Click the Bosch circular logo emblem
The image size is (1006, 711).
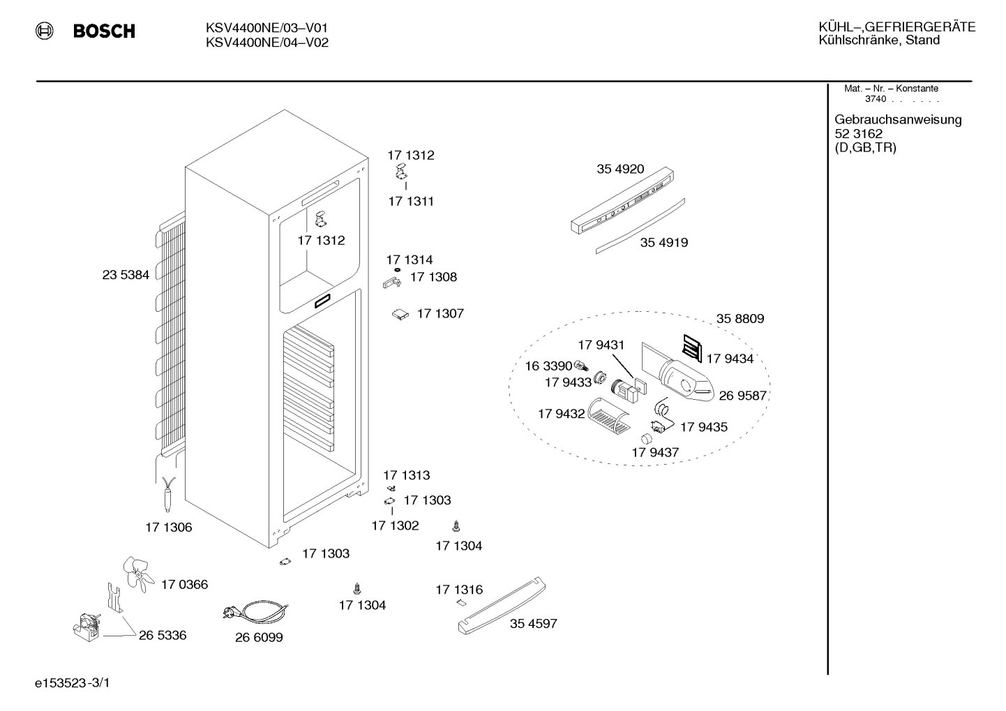[x=45, y=31]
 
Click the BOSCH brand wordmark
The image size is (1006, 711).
[x=104, y=31]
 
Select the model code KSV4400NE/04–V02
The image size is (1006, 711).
[x=267, y=43]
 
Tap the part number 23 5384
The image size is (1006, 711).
[x=126, y=275]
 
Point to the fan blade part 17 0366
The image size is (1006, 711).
[x=138, y=574]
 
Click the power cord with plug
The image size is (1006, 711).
[x=255, y=611]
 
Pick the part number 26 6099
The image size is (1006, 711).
[x=259, y=637]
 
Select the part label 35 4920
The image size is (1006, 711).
[x=620, y=169]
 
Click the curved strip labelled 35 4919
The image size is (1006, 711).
[x=640, y=226]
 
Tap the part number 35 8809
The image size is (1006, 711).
[x=740, y=318]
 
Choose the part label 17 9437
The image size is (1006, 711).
[x=655, y=452]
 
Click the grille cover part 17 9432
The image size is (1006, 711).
[x=608, y=417]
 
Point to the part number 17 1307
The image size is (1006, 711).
[x=441, y=313]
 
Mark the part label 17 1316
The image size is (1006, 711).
[x=459, y=590]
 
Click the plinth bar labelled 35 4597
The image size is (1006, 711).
[x=502, y=606]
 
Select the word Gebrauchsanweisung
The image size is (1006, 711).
[x=899, y=120]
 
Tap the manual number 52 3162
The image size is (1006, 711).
[x=859, y=134]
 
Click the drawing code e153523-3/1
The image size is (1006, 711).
[x=73, y=683]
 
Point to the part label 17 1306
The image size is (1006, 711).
[x=168, y=527]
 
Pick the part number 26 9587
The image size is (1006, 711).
[x=743, y=396]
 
